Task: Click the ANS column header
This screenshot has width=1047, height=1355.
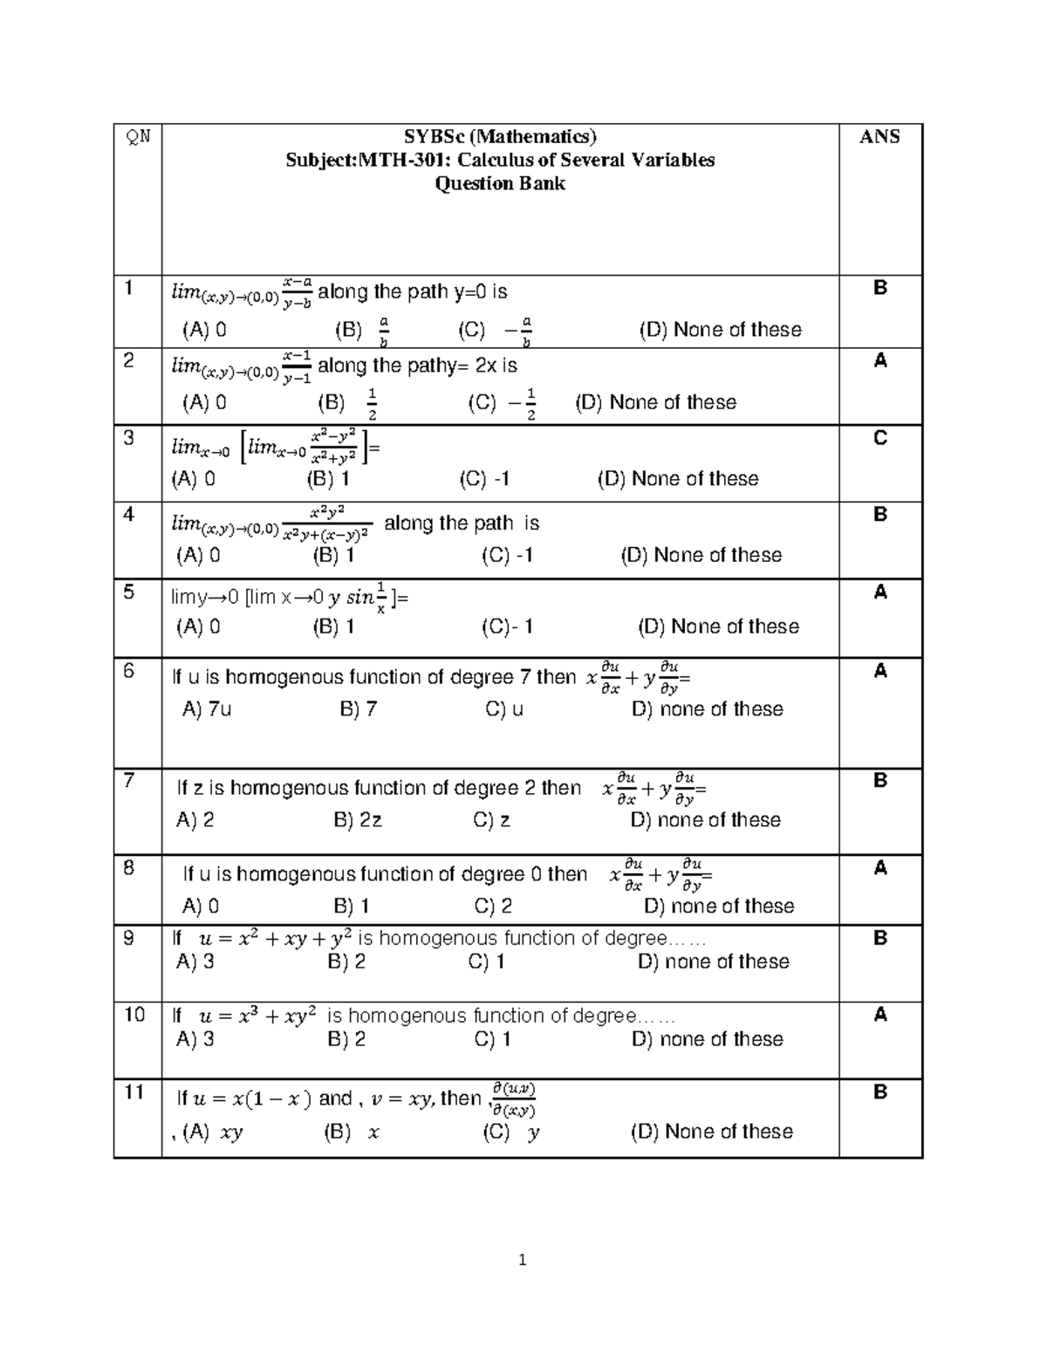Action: [x=879, y=137]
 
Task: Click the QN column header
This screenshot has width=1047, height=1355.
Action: [x=138, y=137]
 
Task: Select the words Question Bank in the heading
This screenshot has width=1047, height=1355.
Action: [x=500, y=184]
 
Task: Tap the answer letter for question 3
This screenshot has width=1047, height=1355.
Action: [x=879, y=438]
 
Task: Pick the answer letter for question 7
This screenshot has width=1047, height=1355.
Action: [x=879, y=780]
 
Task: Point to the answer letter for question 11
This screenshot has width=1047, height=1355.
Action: [x=879, y=1092]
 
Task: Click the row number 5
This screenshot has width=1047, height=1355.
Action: [x=129, y=593]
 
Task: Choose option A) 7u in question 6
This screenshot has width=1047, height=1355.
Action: [x=207, y=709]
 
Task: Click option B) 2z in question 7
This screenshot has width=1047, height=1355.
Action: [x=358, y=820]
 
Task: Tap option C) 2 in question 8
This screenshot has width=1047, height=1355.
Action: [x=493, y=907]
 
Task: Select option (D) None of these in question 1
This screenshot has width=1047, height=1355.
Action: [x=720, y=330]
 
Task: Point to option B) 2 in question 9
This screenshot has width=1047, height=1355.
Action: [x=346, y=962]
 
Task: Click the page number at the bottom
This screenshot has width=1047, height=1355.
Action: [x=522, y=1260]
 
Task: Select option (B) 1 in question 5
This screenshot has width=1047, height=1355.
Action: [x=333, y=626]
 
